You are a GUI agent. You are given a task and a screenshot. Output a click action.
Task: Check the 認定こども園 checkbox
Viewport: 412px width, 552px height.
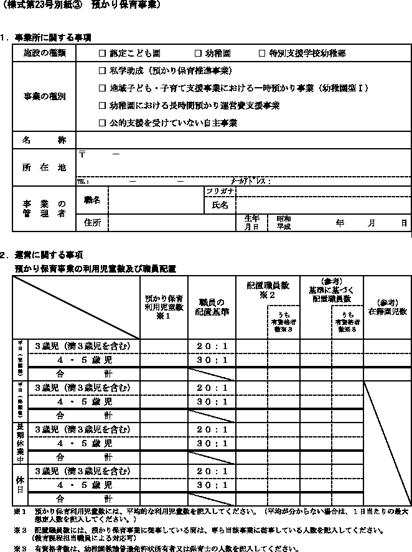[102, 54]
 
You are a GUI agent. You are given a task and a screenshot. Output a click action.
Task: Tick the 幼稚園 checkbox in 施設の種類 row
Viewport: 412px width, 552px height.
[199, 54]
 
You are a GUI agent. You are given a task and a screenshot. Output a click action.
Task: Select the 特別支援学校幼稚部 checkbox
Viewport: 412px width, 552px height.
[262, 54]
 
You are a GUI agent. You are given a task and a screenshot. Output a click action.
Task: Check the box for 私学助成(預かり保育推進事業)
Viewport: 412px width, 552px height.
[102, 71]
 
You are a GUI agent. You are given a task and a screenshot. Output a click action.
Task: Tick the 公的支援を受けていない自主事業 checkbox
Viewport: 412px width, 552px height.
[102, 123]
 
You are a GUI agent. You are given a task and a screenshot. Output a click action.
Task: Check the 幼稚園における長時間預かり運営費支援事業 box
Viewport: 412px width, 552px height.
[102, 106]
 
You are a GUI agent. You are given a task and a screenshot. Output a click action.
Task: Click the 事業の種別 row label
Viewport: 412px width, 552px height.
[44, 97]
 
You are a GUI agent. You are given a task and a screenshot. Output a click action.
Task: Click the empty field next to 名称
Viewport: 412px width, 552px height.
[243, 141]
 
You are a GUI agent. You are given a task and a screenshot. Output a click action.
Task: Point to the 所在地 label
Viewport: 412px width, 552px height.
[44, 167]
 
